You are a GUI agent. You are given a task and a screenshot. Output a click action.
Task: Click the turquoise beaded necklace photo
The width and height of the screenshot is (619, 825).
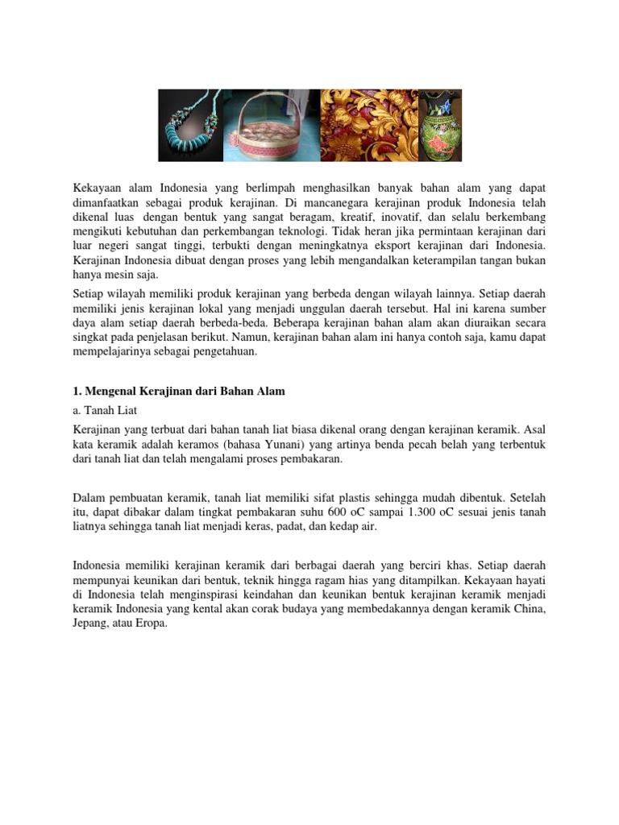point(192,125)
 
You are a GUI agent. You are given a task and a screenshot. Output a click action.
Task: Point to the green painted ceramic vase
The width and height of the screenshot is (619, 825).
point(440,126)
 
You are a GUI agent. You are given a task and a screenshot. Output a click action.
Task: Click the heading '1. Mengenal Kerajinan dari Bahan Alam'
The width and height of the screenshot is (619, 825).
point(179,392)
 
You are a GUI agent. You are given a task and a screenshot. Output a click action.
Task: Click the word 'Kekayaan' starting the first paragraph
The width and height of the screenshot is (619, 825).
point(97,188)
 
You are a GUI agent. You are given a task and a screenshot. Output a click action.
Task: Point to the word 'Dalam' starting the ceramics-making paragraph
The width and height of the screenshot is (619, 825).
point(89,498)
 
